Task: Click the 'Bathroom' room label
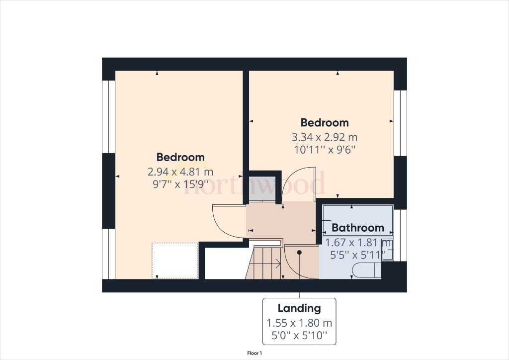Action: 358,228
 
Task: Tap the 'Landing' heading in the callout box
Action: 299,308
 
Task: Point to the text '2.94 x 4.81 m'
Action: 180,172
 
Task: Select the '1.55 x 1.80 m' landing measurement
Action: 299,323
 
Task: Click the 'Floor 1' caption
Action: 254,353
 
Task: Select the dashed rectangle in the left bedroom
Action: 174,260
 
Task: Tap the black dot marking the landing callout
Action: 300,253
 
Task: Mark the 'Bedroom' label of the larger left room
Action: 180,157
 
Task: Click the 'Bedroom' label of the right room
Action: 324,123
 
